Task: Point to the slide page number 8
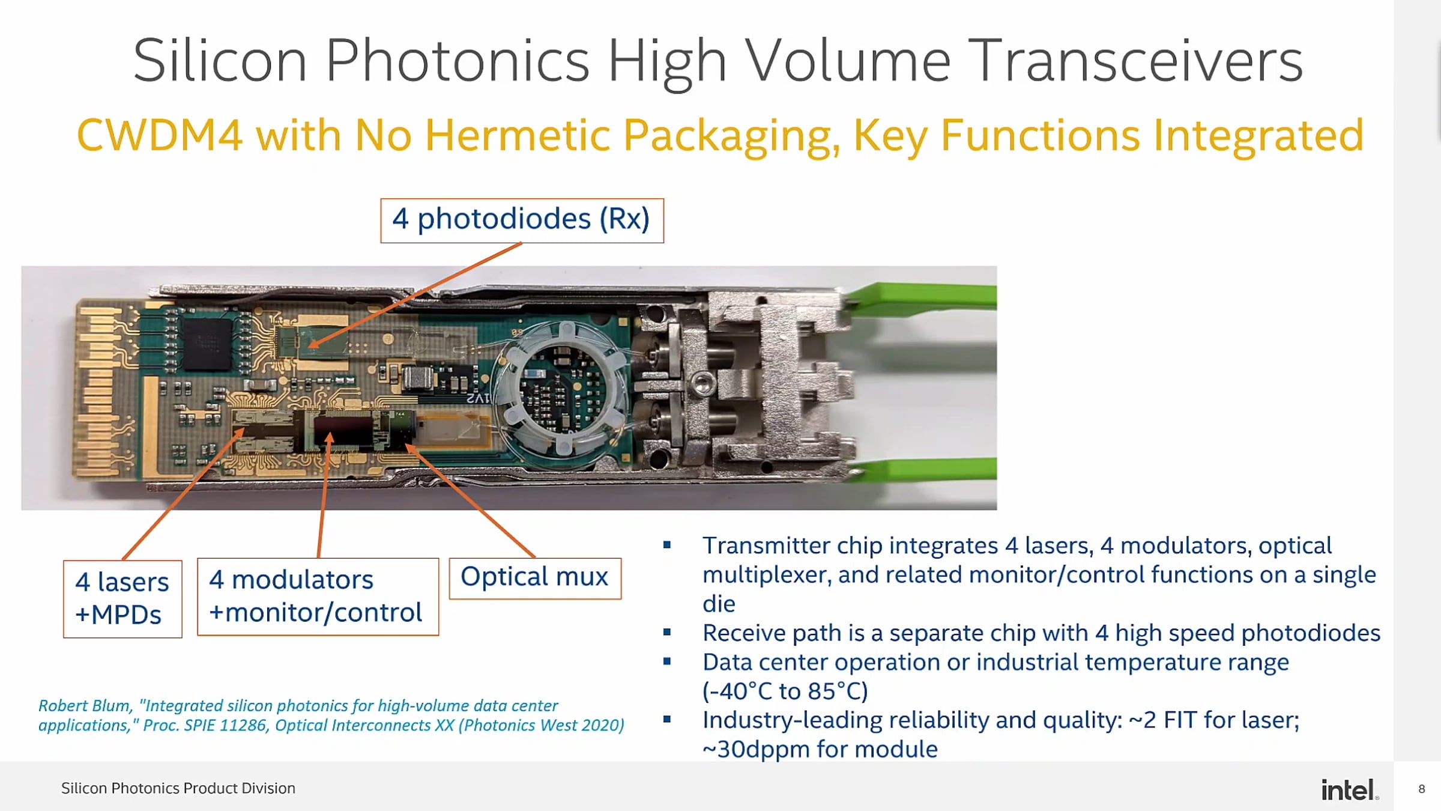tap(1422, 789)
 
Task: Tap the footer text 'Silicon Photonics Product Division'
tap(178, 788)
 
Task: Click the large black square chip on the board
tap(207, 344)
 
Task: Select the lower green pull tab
tap(925, 470)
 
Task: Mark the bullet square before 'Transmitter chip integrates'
tap(667, 545)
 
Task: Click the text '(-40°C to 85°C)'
tap(785, 691)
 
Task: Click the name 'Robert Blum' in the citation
tap(84, 705)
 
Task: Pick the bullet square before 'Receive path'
tap(667, 632)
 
